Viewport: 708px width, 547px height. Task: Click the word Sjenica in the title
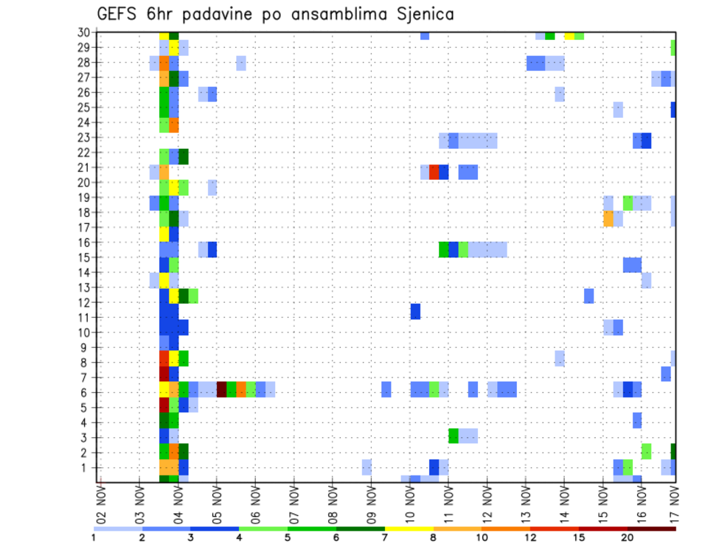pyautogui.click(x=421, y=14)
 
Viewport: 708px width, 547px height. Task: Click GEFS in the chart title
pyautogui.click(x=117, y=14)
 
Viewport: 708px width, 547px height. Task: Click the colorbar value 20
pyautogui.click(x=627, y=537)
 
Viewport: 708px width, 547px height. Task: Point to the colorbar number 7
pyautogui.click(x=384, y=537)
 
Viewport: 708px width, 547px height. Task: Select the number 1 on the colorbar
pyautogui.click(x=94, y=537)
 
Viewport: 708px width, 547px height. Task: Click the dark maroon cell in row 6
pyautogui.click(x=221, y=389)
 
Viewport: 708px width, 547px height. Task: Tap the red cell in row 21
pyautogui.click(x=434, y=172)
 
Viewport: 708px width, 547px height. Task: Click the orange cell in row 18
pyautogui.click(x=608, y=219)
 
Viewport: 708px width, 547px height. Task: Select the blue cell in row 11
pyautogui.click(x=415, y=311)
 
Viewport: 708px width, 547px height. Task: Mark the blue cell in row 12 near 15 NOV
pyautogui.click(x=589, y=296)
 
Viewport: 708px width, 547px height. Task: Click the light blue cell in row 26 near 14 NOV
pyautogui.click(x=560, y=94)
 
